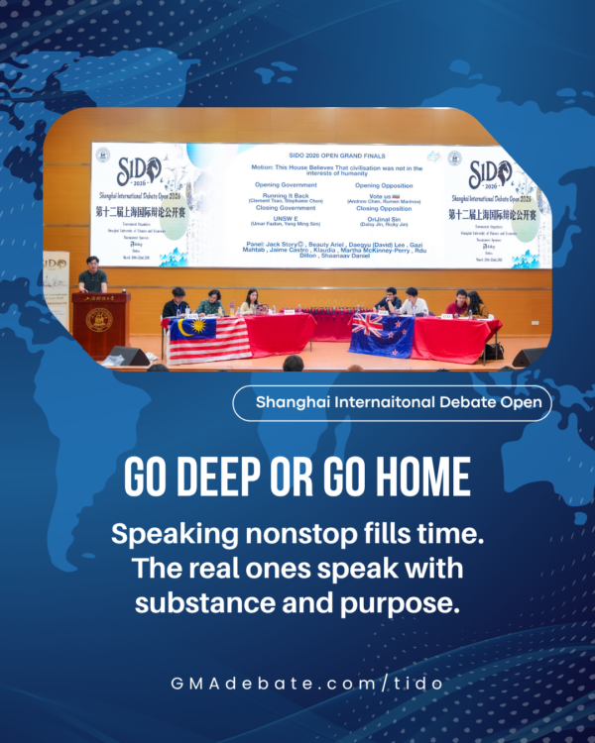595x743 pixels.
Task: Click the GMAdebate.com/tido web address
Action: (297, 685)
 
